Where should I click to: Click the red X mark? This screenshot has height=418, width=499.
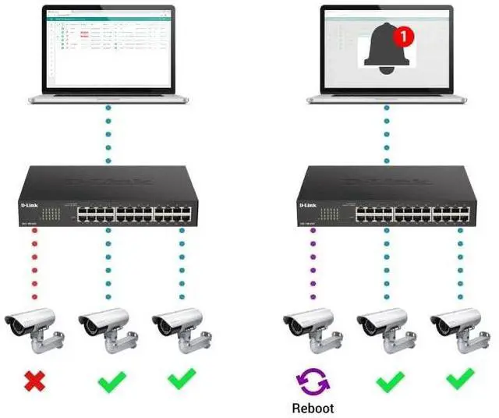[34, 381]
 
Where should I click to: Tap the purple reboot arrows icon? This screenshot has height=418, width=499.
[312, 381]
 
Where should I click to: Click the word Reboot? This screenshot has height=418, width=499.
[312, 408]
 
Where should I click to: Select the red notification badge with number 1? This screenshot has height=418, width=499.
[403, 34]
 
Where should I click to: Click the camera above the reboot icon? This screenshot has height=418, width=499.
[312, 328]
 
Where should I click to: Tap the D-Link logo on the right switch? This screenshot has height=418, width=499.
[310, 204]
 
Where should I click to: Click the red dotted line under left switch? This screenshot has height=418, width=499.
[34, 265]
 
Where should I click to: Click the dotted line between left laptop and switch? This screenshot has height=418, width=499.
[108, 133]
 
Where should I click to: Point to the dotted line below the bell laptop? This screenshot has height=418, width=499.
[386, 133]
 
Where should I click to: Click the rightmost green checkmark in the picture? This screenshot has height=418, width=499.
[460, 381]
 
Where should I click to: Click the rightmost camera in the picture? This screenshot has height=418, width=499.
[460, 328]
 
